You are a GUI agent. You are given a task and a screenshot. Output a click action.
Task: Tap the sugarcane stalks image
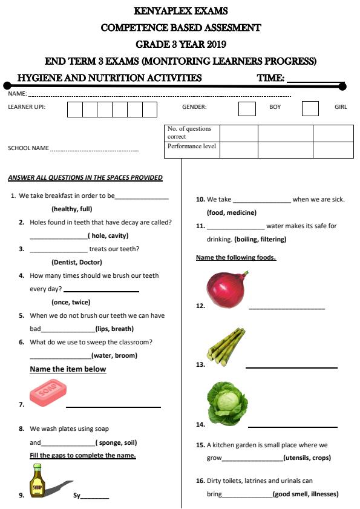click(x=227, y=346)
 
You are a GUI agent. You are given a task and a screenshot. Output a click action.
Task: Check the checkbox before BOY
click(x=247, y=108)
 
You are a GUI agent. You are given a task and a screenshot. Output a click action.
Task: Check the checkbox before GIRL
click(x=310, y=108)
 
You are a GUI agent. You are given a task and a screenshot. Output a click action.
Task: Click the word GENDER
click(x=194, y=107)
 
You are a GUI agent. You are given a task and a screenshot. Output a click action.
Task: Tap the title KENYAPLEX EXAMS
click(x=180, y=11)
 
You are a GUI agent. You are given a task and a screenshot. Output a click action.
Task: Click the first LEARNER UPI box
click(x=74, y=109)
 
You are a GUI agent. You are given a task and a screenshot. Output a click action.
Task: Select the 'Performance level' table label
click(x=192, y=146)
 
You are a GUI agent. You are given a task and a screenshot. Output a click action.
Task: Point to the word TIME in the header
click(x=270, y=78)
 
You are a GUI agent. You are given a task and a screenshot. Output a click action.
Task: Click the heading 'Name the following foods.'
click(x=236, y=258)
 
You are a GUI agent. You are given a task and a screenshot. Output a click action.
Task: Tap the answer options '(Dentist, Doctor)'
click(x=77, y=262)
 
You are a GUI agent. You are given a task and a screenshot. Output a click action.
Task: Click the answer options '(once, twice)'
click(x=71, y=302)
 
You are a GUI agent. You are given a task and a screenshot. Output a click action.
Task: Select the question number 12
click(x=200, y=306)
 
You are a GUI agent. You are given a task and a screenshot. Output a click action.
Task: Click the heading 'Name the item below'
click(x=68, y=369)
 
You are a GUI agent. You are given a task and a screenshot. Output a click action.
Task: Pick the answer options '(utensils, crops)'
click(x=307, y=458)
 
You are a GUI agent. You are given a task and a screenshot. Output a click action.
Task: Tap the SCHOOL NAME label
click(x=28, y=148)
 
